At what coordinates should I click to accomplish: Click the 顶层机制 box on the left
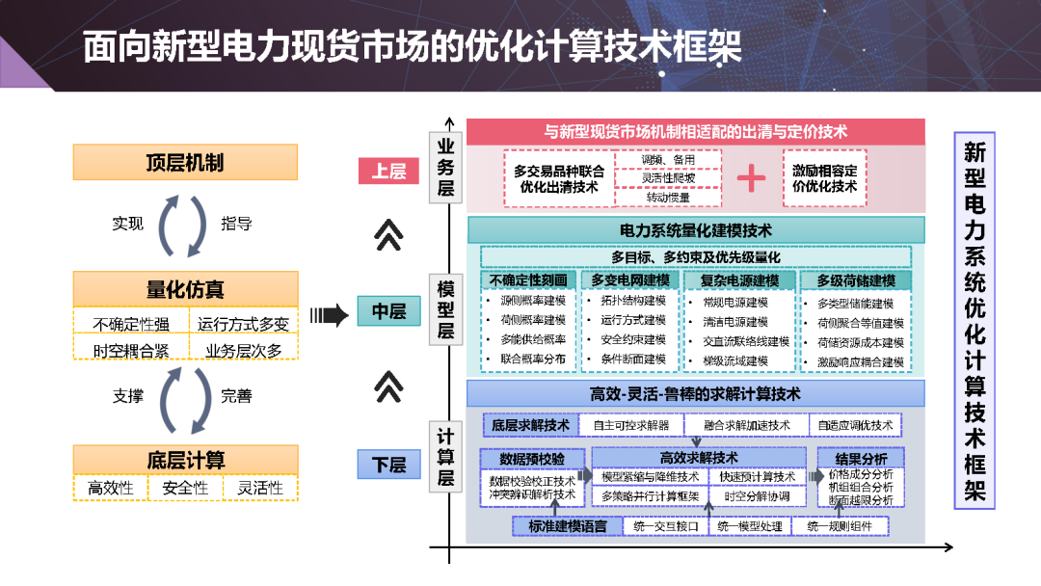185,162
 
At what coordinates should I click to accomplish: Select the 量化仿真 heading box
185,288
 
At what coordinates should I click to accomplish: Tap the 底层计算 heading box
185,460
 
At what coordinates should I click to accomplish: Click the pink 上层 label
388,172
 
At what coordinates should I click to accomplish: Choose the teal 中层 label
388,311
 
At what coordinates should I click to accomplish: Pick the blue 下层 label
388,465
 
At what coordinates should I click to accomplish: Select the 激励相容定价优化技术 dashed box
824,178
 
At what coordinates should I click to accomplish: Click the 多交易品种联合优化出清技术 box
559,178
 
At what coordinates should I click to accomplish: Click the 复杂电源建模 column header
739,280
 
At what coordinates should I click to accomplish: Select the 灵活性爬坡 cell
668,178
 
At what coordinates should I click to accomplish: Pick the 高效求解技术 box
699,458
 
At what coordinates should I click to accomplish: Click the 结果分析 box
860,459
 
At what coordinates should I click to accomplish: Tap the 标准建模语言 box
567,526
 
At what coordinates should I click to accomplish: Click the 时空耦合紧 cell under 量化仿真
130,350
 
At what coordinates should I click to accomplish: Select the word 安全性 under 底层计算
185,488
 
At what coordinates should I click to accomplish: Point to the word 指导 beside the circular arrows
237,224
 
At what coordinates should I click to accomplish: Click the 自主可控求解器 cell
630,425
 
